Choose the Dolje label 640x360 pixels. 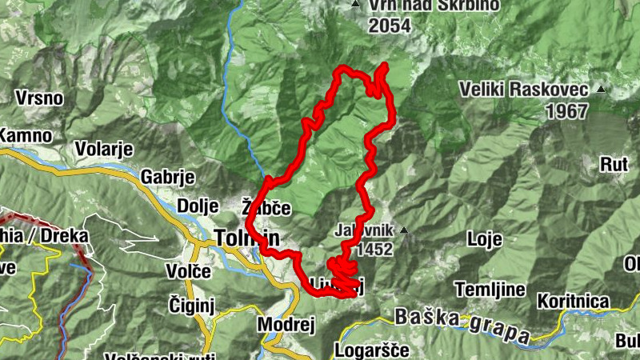198,206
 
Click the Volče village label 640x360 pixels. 189,271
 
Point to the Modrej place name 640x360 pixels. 286,325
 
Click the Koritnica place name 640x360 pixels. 573,301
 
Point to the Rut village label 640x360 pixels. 614,166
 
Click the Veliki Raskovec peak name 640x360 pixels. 524,90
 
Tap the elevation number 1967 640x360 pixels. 566,111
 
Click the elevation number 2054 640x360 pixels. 390,26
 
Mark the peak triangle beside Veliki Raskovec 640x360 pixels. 600,90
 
